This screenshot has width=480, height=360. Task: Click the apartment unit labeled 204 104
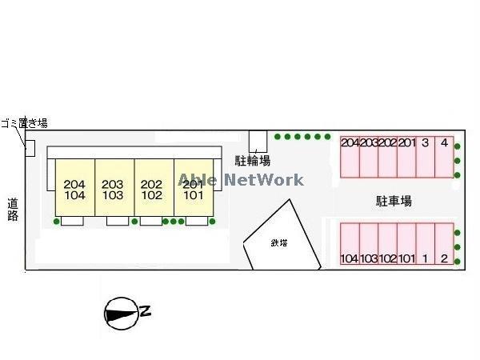pyautogui.click(x=74, y=188)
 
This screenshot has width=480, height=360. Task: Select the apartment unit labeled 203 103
pyautogui.click(x=114, y=188)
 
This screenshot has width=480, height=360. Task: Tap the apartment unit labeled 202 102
pyautogui.click(x=152, y=188)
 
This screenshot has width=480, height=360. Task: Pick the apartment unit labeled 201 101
pyautogui.click(x=192, y=188)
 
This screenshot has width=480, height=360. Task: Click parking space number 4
pyautogui.click(x=444, y=157)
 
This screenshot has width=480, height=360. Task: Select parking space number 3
pyautogui.click(x=426, y=157)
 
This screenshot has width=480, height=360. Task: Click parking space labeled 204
pyautogui.click(x=350, y=157)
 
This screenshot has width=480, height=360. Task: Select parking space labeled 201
pyautogui.click(x=407, y=157)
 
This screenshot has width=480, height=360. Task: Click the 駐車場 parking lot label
pyautogui.click(x=394, y=201)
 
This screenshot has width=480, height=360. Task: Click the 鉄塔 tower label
pyautogui.click(x=279, y=242)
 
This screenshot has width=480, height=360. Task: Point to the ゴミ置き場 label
pyautogui.click(x=24, y=122)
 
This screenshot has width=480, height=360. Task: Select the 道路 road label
pyautogui.click(x=13, y=209)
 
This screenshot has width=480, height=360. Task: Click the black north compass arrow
pyautogui.click(x=120, y=313)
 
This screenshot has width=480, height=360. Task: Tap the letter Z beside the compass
pyautogui.click(x=146, y=312)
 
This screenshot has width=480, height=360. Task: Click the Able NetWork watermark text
pyautogui.click(x=241, y=180)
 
